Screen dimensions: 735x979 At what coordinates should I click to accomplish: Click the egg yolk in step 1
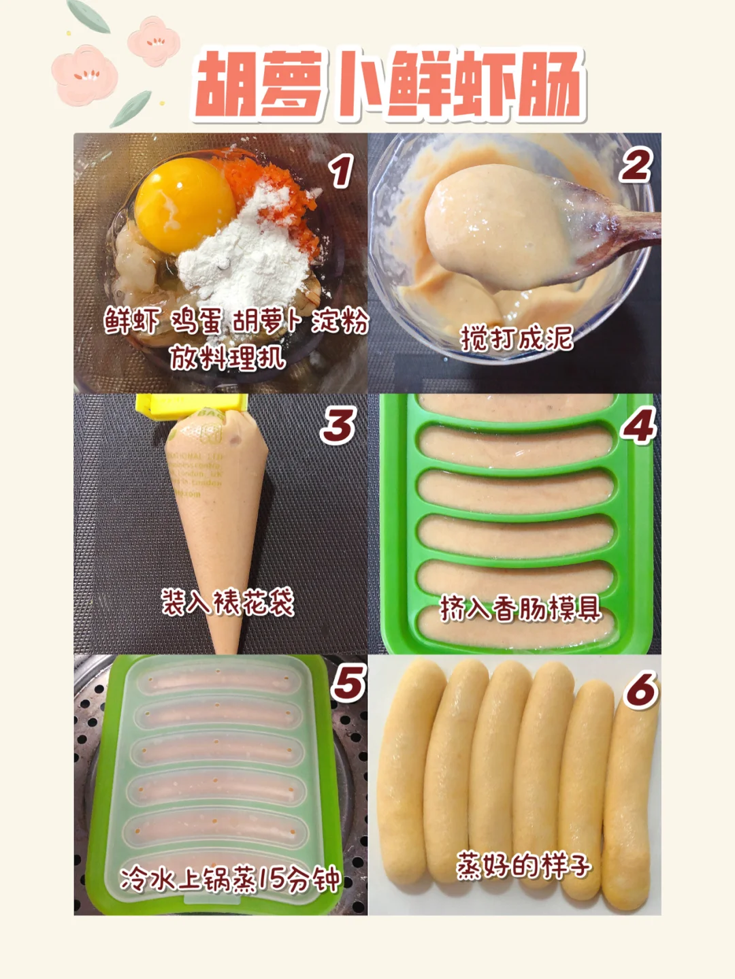184,205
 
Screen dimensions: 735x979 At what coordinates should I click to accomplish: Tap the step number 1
341,171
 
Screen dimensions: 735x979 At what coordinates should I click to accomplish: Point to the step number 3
338,425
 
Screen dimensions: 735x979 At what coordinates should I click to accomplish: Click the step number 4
638,425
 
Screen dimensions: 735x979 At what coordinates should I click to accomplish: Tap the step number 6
640,690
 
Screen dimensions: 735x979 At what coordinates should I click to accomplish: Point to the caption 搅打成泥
517,338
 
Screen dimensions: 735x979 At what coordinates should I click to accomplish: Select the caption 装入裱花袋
227,602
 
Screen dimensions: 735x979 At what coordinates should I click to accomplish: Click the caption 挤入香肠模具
520,608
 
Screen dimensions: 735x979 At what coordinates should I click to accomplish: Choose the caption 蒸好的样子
523,866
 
